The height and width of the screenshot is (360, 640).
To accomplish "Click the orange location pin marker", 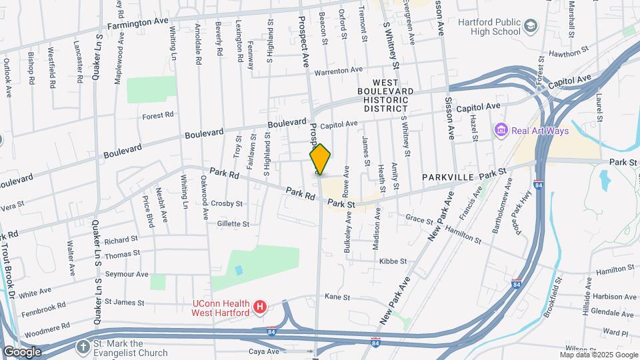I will click(x=320, y=159).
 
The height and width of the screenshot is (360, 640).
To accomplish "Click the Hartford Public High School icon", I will click(x=531, y=27).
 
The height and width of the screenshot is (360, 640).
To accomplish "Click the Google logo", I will click(x=22, y=352).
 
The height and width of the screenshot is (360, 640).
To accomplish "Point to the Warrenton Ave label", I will click(x=338, y=69).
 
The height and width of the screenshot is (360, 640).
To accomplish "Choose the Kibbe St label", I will click(x=393, y=261).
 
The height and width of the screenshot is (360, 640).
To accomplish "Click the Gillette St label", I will click(x=233, y=224).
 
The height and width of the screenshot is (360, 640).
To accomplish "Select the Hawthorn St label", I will click(x=568, y=51).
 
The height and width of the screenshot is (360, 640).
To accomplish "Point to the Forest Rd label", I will click(x=158, y=115).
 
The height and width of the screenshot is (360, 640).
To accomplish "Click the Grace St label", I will click(x=419, y=218).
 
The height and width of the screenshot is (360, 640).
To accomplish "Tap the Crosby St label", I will click(x=226, y=203).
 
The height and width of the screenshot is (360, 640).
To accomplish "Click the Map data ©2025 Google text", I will click(x=598, y=355).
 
